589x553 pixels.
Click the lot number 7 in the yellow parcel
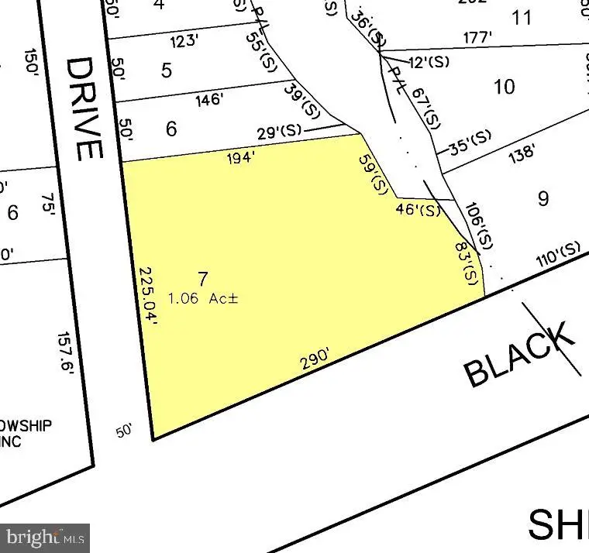point(203,280)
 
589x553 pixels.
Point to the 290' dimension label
point(316,359)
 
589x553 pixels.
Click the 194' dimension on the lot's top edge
point(239,158)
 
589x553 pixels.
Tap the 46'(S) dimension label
point(418,209)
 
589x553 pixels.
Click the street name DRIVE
point(84,108)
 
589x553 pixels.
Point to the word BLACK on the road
point(520,355)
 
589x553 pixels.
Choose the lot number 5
point(167,70)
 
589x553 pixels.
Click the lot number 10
point(504,86)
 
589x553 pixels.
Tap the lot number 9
point(542,198)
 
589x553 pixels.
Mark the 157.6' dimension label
point(66,353)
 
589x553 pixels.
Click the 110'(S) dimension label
point(559,254)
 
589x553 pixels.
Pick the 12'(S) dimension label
point(429,62)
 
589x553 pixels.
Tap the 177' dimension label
point(477,37)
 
